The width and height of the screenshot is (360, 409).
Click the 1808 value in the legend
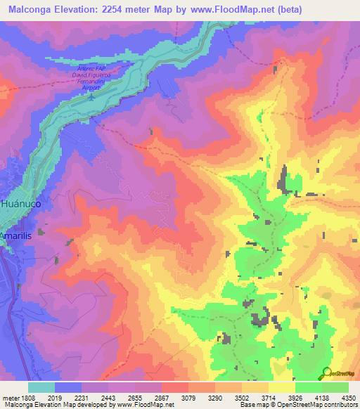pos(27,397)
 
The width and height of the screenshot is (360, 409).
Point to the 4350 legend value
pos(348,397)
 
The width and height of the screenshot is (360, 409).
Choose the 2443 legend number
pos(108,397)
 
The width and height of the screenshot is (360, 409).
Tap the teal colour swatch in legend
pos(41,387)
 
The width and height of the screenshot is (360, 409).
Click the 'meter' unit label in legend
pos(9,397)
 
